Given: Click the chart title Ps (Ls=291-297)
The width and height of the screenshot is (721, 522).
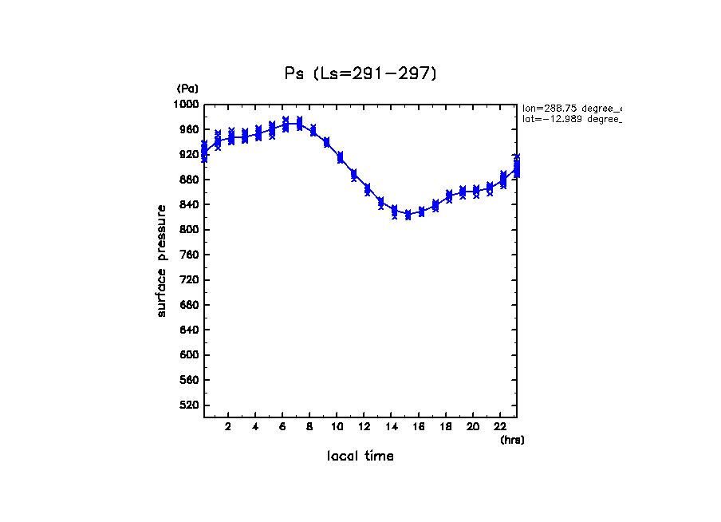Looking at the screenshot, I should (360, 73).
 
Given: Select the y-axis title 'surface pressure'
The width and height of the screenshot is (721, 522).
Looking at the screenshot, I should (162, 260).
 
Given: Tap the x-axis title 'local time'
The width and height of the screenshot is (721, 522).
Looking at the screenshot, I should (360, 457).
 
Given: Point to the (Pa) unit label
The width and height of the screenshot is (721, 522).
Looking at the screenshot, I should (187, 89).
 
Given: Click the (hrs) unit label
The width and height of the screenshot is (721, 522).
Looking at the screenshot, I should (512, 440).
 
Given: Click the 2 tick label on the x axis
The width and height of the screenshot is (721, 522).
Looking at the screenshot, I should (228, 427).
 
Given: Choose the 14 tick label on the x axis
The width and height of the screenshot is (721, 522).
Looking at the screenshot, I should (392, 427).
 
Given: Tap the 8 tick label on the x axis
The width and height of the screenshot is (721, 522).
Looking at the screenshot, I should (310, 427).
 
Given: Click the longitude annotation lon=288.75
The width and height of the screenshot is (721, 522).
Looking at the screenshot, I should (571, 108).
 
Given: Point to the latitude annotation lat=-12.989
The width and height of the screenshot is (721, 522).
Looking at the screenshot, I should (571, 119).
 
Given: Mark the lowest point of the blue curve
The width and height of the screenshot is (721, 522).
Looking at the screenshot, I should (408, 215).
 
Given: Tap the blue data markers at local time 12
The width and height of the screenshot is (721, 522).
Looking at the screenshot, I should (367, 189).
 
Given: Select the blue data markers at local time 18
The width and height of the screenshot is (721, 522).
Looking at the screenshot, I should (449, 196).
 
